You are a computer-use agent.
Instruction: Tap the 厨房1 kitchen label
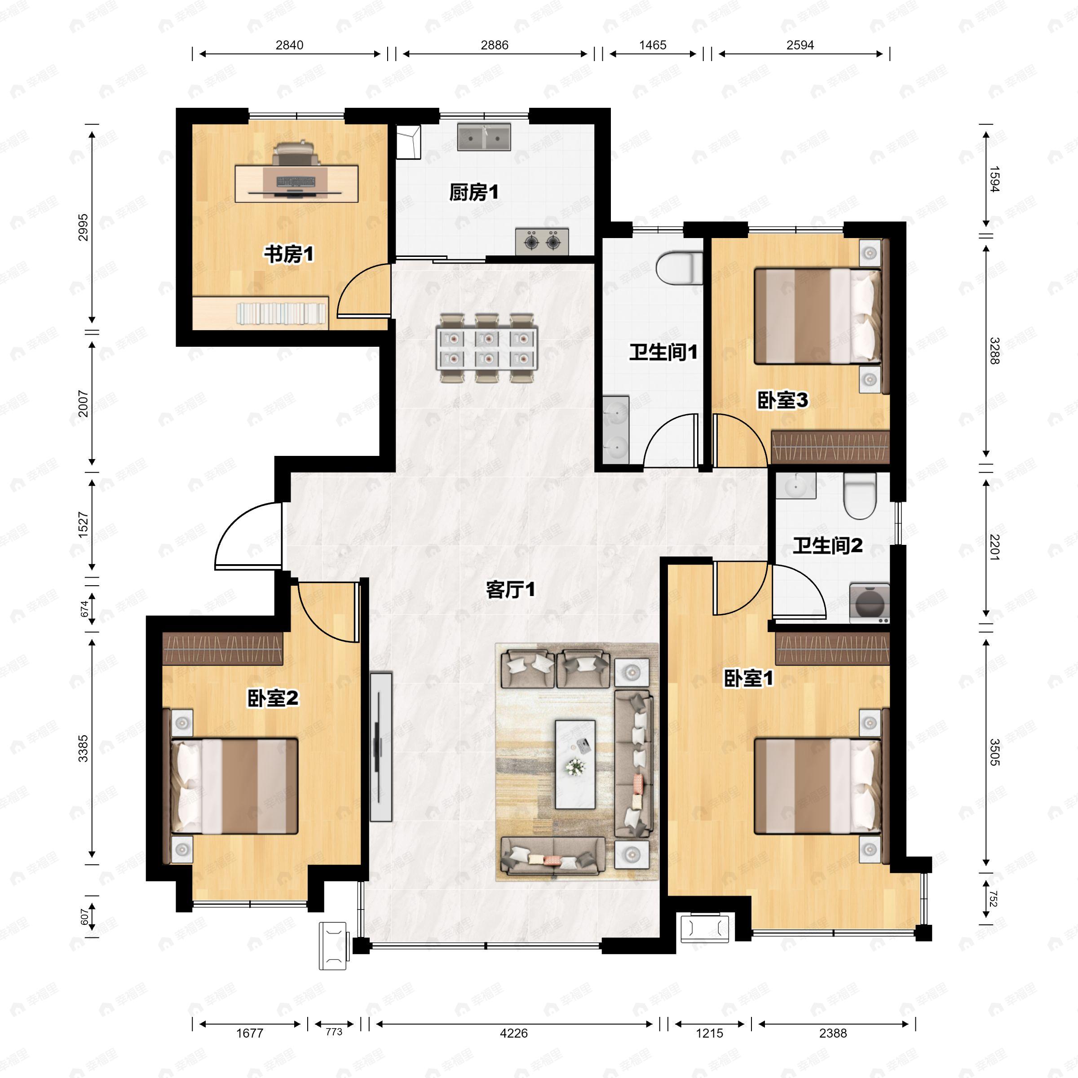point(474,193)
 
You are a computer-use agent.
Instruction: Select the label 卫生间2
point(827,545)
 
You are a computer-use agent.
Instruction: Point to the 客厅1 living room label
point(511,589)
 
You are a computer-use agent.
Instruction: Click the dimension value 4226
point(513,1033)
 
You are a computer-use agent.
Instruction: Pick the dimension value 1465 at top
point(653,45)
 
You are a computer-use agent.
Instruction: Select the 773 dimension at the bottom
point(334,1032)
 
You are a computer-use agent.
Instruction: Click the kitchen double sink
point(484,137)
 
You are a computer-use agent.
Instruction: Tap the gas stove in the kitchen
point(542,242)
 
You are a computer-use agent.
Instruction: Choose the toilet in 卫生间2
point(859,495)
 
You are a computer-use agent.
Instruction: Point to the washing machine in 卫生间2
point(869,603)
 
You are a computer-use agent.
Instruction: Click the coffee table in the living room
point(575,764)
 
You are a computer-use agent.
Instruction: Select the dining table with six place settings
point(487,348)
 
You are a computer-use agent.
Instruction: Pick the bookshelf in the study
point(261,313)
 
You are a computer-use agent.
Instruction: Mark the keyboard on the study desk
point(295,181)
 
